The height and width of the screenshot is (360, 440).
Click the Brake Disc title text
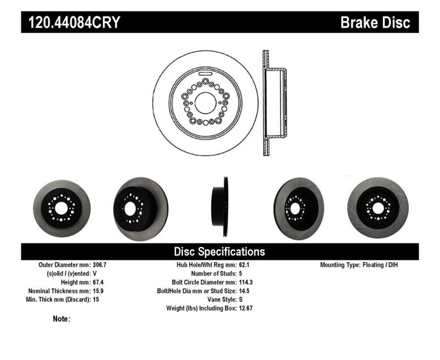click(x=375, y=23)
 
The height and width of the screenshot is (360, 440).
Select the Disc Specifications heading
click(x=219, y=252)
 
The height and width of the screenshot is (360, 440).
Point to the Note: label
click(x=62, y=319)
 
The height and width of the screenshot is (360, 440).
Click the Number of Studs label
click(x=210, y=273)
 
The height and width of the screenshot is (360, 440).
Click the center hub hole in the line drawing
click(x=206, y=102)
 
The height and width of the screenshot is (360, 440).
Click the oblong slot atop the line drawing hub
click(x=206, y=73)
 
